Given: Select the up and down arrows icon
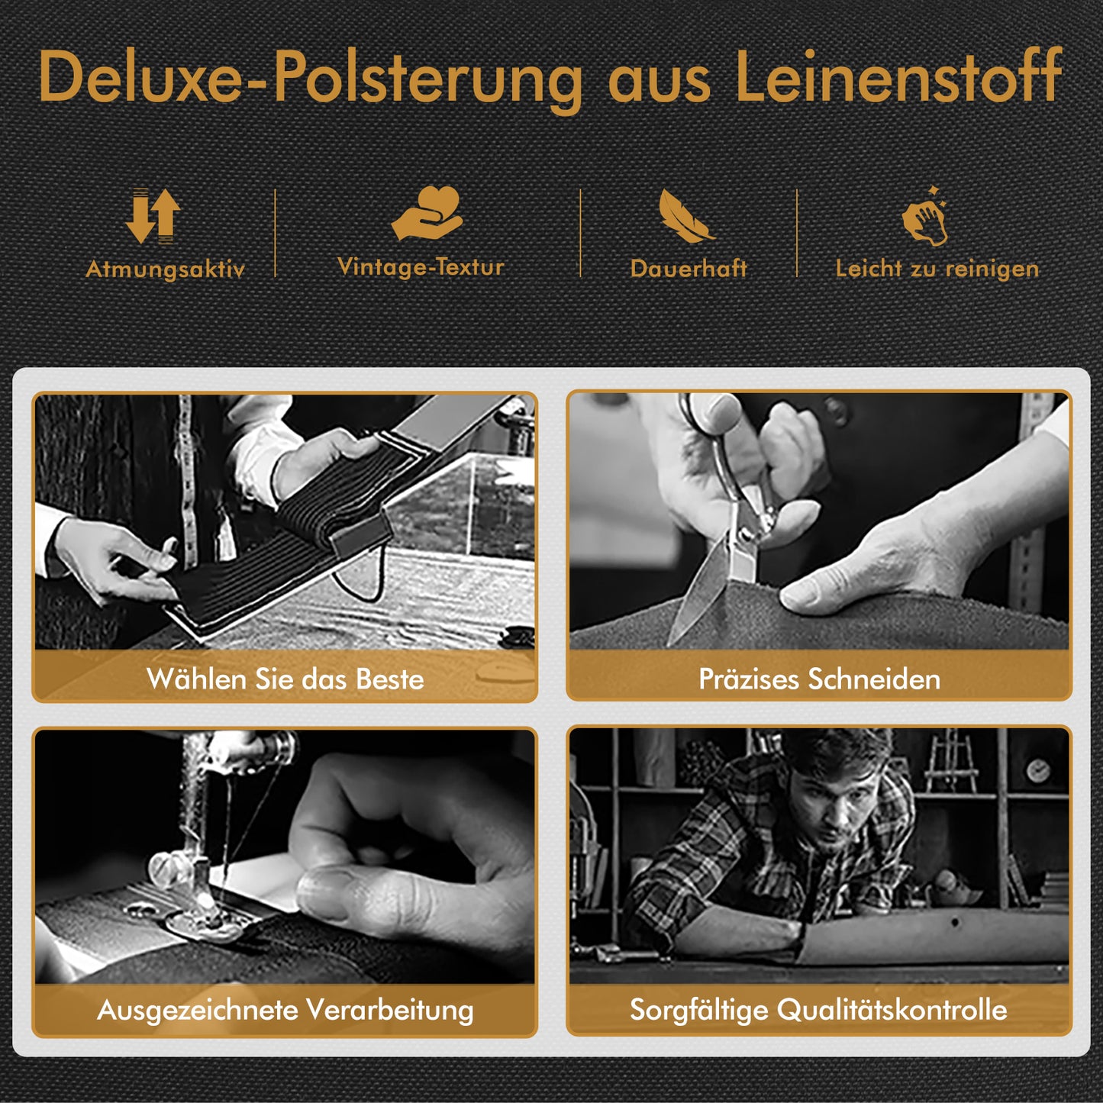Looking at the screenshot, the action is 153,216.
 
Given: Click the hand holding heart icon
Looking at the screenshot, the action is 427,212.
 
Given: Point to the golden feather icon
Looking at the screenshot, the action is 685,216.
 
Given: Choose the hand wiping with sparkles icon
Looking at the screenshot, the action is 925,216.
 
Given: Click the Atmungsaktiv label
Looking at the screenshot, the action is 166,269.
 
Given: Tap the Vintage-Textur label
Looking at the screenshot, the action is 421,267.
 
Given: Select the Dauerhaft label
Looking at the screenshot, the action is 689,269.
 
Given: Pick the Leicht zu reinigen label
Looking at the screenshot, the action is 937,269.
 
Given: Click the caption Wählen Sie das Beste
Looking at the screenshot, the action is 285,679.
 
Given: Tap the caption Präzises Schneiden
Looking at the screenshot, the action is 819,679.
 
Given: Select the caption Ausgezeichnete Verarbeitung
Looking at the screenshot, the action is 285,1011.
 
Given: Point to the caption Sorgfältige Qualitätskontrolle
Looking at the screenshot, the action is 818,1010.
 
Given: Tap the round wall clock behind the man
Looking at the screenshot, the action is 1038,771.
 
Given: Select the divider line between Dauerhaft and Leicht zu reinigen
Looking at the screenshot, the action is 797,234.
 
